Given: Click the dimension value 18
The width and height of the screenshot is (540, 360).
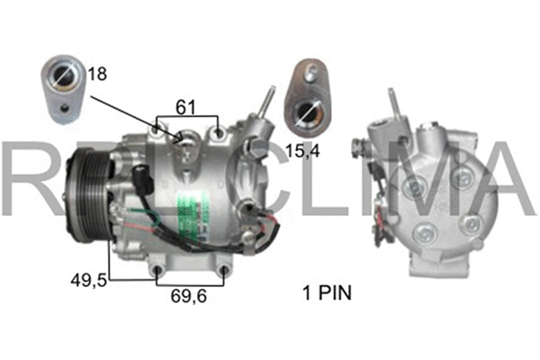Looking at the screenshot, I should [97, 74].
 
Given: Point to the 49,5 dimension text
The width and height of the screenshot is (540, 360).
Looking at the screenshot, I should [88, 281].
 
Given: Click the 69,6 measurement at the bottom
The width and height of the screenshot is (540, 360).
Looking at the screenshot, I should [189, 293].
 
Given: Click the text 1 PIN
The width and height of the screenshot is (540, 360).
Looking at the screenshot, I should [324, 292].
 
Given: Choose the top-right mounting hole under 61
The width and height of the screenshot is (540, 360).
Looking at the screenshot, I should [219, 134].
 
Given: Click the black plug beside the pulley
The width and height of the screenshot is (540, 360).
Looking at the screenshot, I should [140, 177].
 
